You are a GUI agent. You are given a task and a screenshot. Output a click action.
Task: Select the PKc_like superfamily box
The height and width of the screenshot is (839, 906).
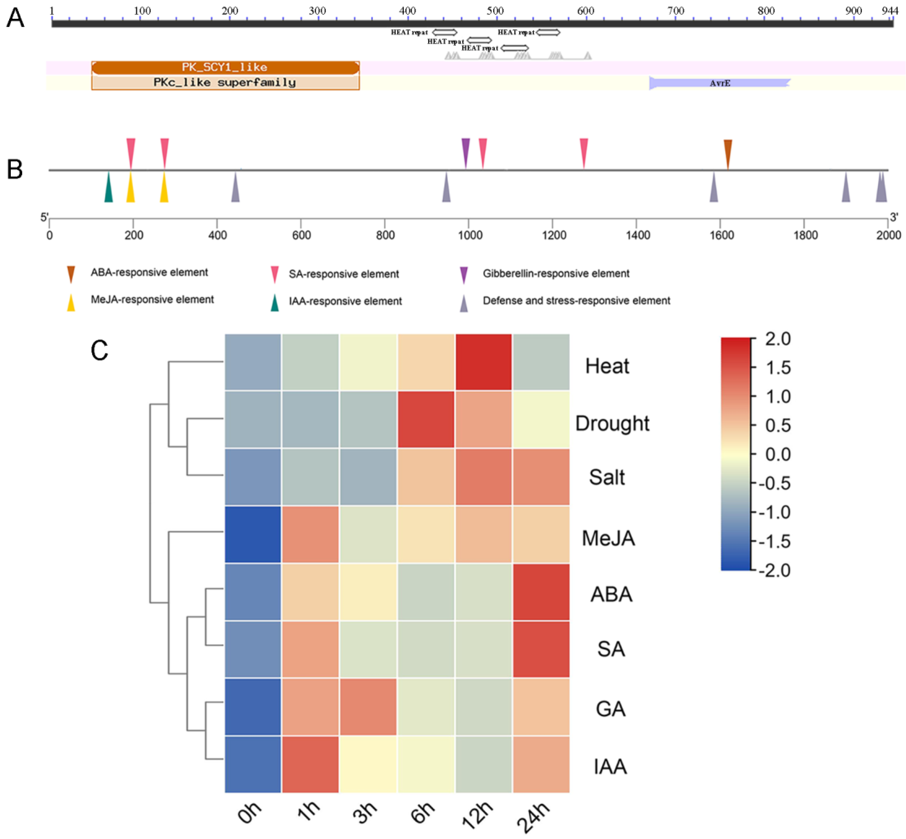click(225, 83)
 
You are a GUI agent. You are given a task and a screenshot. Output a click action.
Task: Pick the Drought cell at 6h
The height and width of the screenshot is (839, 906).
click(426, 420)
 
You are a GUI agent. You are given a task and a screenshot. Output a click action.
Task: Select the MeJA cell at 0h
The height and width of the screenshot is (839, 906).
click(253, 534)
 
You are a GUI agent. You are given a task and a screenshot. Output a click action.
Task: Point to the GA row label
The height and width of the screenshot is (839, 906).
click(610, 709)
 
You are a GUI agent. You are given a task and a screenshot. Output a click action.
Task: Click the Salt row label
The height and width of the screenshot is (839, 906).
click(607, 477)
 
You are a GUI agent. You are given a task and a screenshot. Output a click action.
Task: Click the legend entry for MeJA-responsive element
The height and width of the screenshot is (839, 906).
click(152, 300)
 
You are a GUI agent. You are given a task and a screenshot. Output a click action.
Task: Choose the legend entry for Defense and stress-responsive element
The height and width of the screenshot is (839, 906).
click(576, 301)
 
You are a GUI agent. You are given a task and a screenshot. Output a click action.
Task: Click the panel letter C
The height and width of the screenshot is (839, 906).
click(99, 351)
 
